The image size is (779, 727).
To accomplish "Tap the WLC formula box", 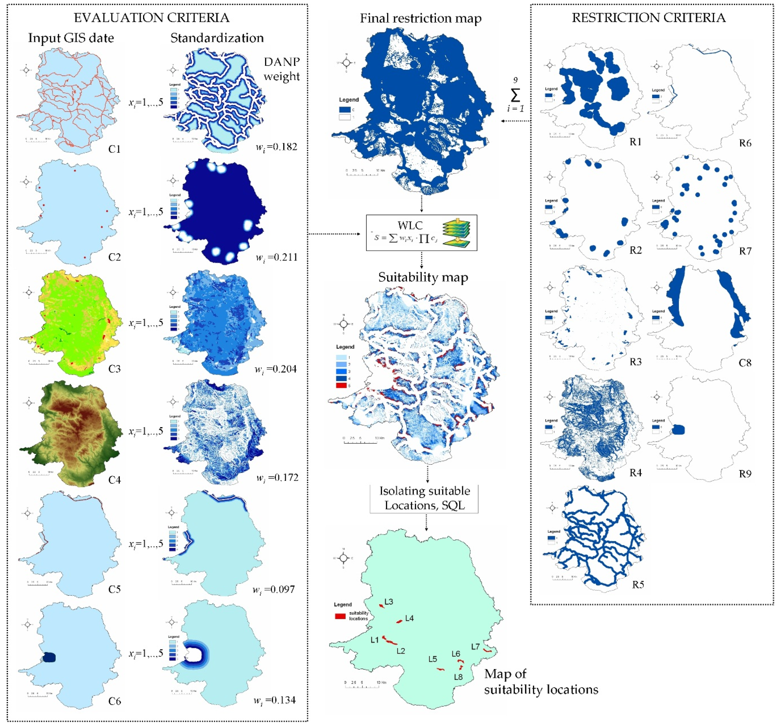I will [421, 232].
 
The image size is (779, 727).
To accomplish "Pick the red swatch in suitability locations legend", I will [340, 616].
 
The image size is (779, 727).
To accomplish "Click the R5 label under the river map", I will [638, 585].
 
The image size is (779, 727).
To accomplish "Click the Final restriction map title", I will [420, 18].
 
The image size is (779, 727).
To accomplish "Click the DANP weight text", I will [281, 69].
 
